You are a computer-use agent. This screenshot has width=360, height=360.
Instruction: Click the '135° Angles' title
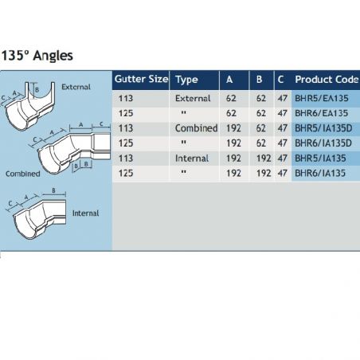pyautogui.click(x=37, y=56)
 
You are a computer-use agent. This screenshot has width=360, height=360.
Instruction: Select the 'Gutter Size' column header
pyautogui.click(x=141, y=79)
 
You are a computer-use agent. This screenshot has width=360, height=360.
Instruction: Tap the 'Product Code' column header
pyautogui.click(x=327, y=80)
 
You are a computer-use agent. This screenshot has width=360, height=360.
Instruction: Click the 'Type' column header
pyautogui.click(x=186, y=80)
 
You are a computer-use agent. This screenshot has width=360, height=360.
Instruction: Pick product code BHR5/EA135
pyautogui.click(x=321, y=98)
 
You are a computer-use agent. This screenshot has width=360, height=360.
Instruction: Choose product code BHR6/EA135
pyautogui.click(x=321, y=113)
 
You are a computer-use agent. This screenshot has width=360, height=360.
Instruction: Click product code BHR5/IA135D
pyautogui.click(x=323, y=128)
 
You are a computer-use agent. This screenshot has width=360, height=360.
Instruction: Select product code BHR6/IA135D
pyautogui.click(x=323, y=143)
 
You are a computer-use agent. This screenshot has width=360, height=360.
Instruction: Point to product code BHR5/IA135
pyautogui.click(x=320, y=158)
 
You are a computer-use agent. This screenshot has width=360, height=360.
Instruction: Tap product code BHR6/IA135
pyautogui.click(x=320, y=174)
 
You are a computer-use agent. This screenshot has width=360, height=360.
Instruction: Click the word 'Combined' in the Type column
pyautogui.click(x=196, y=128)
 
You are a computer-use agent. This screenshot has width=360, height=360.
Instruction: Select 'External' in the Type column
pyautogui.click(x=193, y=98)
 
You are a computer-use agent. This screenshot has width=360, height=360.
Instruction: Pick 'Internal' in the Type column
pyautogui.click(x=192, y=158)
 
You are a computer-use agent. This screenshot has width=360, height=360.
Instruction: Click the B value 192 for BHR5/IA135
pyautogui.click(x=264, y=158)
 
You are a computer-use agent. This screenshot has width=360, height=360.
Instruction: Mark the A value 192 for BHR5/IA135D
pyautogui.click(x=233, y=128)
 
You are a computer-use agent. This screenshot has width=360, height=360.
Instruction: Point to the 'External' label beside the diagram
pyautogui.click(x=76, y=87)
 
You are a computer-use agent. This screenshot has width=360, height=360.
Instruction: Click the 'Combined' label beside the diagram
pyautogui.click(x=23, y=174)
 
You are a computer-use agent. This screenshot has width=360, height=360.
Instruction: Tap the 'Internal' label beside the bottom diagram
pyautogui.click(x=85, y=213)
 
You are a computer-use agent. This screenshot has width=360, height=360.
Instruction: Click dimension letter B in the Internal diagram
pyautogui.click(x=53, y=190)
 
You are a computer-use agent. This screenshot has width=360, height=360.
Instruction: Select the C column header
pyautogui.click(x=280, y=80)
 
